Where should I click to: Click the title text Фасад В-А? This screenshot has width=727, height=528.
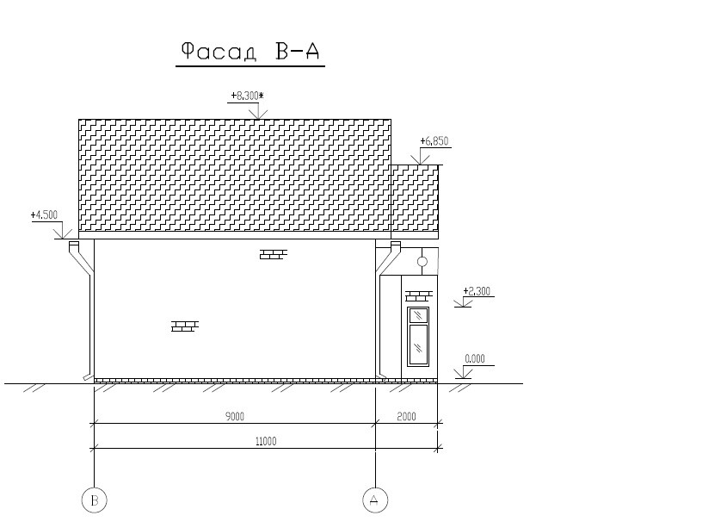[250, 51]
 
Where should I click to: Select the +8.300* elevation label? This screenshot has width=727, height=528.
[247, 96]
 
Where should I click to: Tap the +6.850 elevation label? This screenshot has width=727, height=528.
[434, 141]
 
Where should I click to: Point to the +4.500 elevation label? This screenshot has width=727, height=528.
[44, 215]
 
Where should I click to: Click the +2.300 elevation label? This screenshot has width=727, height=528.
[477, 291]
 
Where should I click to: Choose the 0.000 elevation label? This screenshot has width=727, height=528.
[475, 359]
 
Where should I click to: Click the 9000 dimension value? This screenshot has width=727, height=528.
[235, 417]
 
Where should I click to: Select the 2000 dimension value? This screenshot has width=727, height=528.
[407, 417]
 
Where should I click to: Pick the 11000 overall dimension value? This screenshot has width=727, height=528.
[266, 441]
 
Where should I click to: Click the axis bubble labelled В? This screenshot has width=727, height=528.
[94, 500]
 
